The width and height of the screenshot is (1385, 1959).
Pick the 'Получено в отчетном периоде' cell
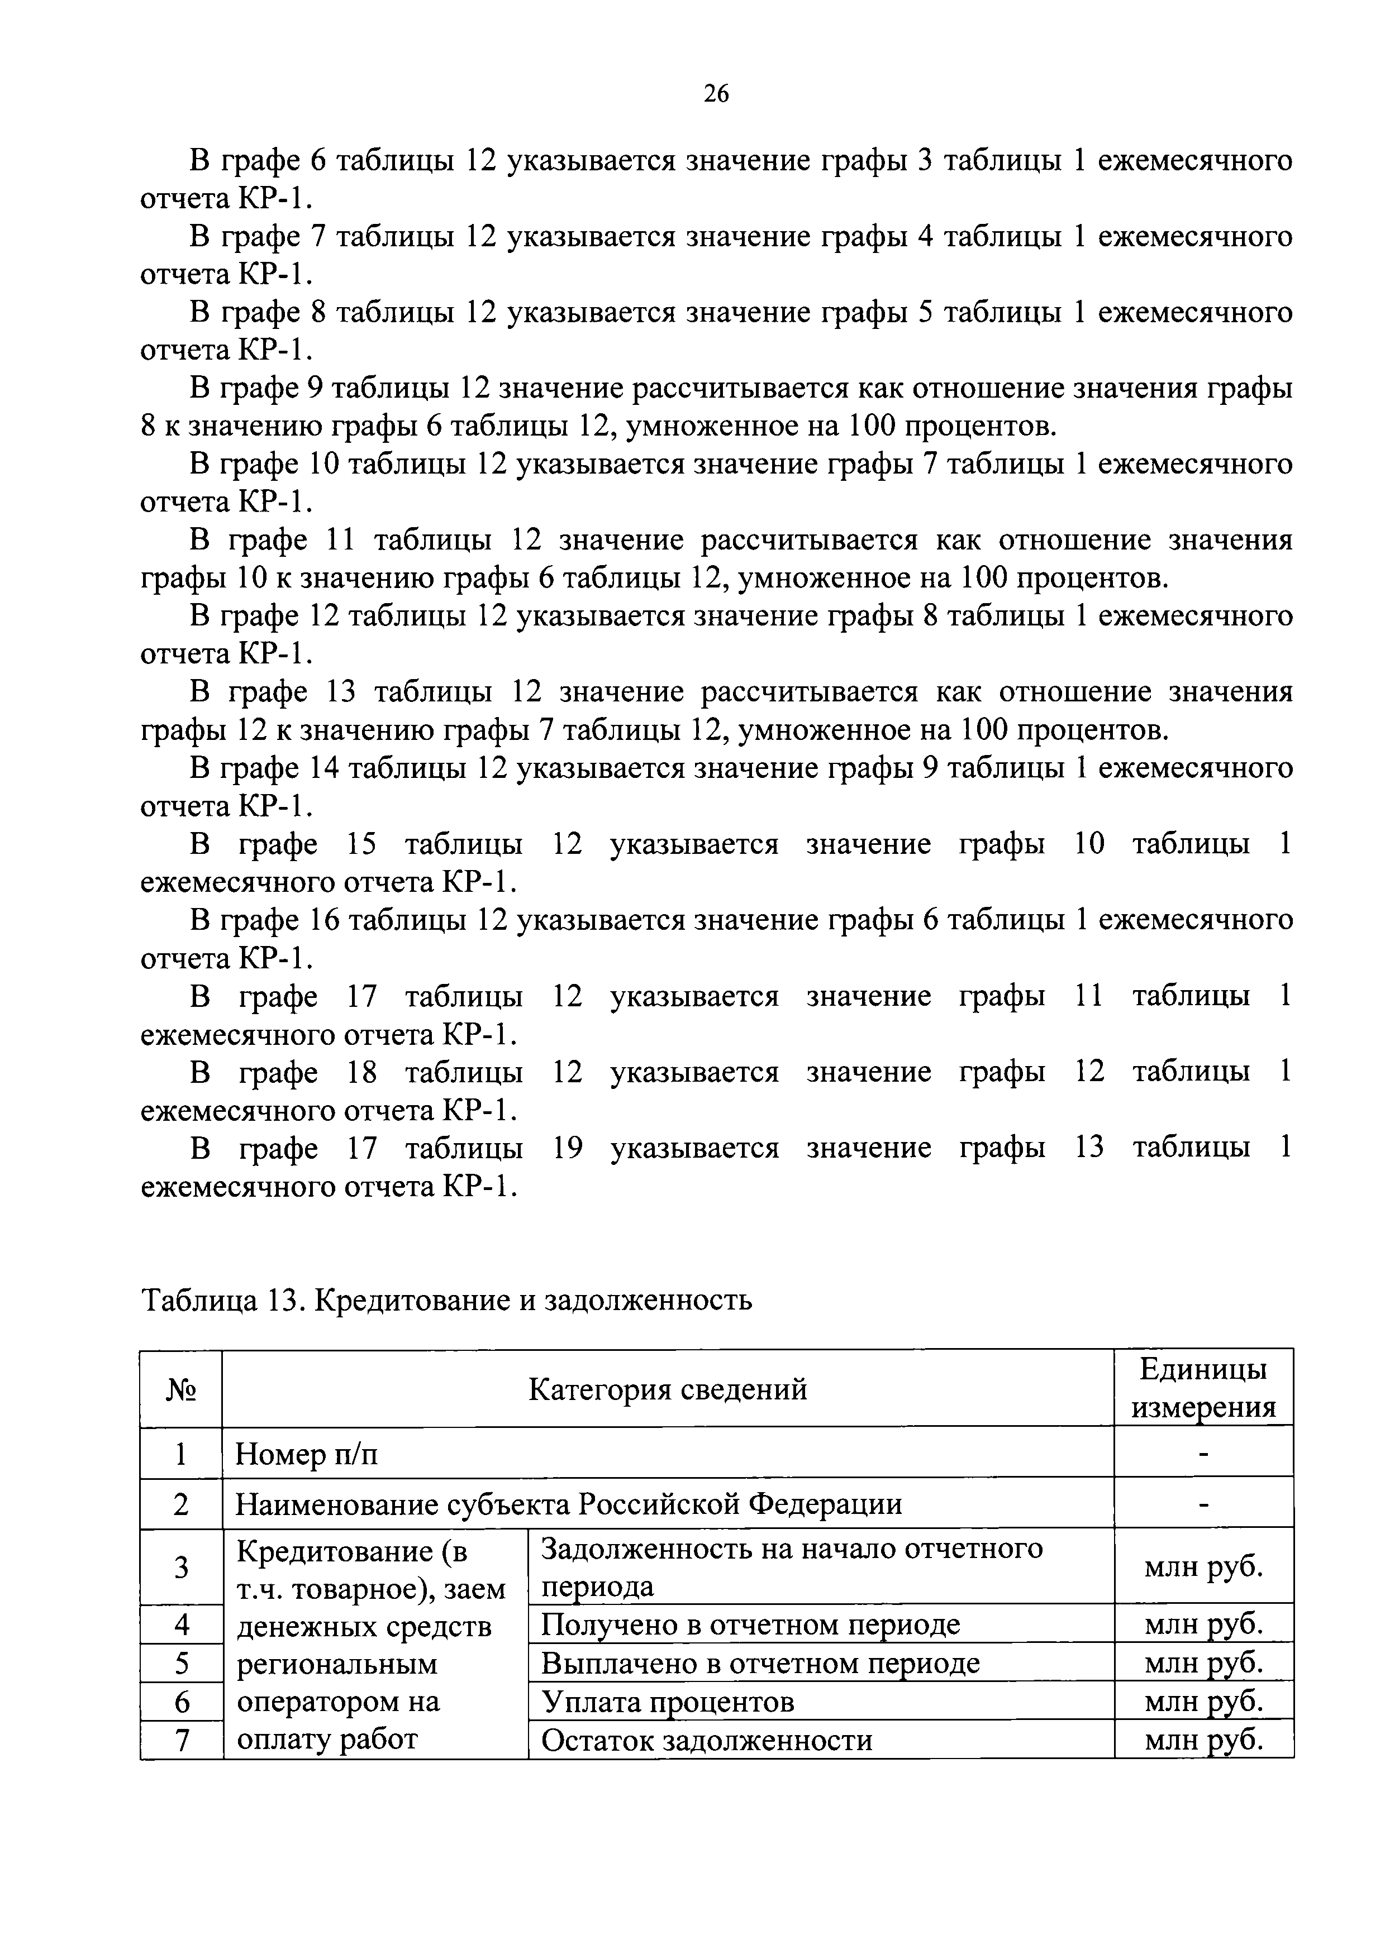750,1624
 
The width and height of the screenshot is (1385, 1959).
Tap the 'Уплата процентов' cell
668,1702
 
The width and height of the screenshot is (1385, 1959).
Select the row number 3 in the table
181,1566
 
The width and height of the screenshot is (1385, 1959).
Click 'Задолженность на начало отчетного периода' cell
792,1566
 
